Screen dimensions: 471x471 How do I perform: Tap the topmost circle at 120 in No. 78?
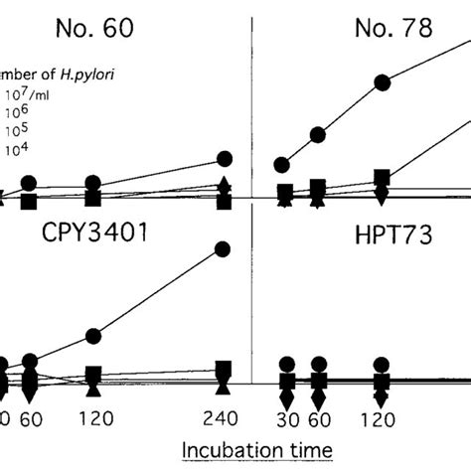[x=380, y=86]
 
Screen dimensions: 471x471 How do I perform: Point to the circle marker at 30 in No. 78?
[x=284, y=164]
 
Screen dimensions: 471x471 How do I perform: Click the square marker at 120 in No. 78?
[x=380, y=179]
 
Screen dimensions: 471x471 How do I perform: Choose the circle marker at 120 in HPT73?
[x=380, y=363]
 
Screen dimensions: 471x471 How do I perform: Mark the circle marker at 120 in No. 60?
[x=92, y=183]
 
